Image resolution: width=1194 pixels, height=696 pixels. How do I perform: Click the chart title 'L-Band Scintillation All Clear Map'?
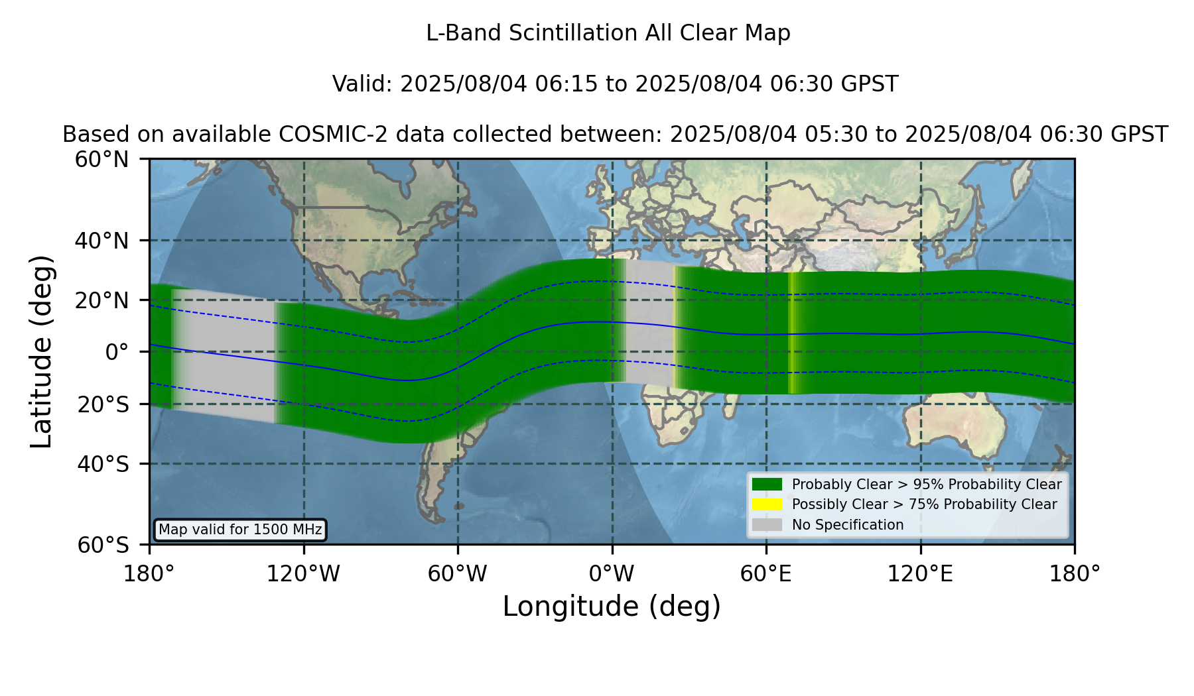(x=608, y=33)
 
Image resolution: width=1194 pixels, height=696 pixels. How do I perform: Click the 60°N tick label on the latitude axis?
(x=102, y=160)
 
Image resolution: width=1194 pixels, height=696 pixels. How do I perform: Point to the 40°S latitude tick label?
(x=103, y=464)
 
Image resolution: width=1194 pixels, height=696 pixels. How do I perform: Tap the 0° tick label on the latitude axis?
(x=117, y=352)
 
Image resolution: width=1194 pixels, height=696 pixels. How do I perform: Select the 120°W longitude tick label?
(x=303, y=573)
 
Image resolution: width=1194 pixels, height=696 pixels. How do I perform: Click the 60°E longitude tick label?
(x=766, y=573)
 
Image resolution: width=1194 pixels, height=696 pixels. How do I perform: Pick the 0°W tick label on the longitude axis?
(x=612, y=573)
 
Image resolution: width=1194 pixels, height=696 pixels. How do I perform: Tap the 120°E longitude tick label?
(x=920, y=573)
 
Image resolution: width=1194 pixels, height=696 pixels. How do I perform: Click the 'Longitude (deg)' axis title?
(x=612, y=607)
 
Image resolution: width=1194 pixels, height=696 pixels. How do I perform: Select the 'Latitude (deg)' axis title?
(x=42, y=351)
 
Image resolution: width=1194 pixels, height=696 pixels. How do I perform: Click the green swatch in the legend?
(x=767, y=484)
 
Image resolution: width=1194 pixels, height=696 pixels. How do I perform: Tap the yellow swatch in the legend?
(x=767, y=504)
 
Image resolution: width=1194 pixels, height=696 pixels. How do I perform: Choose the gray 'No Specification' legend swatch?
(x=767, y=525)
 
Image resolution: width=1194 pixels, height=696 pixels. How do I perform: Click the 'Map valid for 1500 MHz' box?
(x=240, y=530)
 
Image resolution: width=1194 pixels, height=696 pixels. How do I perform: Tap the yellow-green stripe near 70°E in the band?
(x=791, y=333)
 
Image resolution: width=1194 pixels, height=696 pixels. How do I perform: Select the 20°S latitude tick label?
(x=103, y=404)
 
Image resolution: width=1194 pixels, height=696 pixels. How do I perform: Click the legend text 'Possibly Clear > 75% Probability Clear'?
(x=924, y=504)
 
